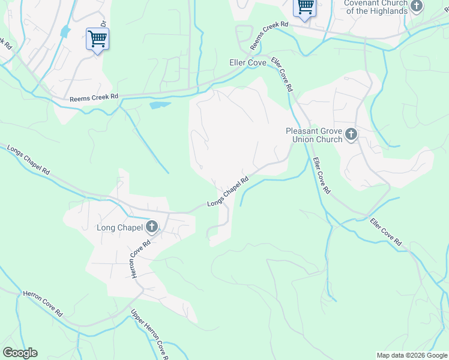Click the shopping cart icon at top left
[x=97, y=40]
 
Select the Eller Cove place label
[x=248, y=62]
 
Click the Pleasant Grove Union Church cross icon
[x=351, y=135]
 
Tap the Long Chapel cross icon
[x=152, y=227]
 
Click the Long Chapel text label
[x=119, y=227]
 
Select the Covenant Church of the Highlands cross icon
[x=417, y=6]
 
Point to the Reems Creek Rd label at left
[x=94, y=98]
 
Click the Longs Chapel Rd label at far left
[x=28, y=160]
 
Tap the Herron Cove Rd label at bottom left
[x=43, y=304]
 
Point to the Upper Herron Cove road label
[x=148, y=332]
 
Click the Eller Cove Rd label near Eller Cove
[x=282, y=74]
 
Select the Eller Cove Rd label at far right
[x=385, y=232]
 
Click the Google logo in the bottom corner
[x=20, y=353]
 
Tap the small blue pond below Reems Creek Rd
[x=159, y=106]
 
